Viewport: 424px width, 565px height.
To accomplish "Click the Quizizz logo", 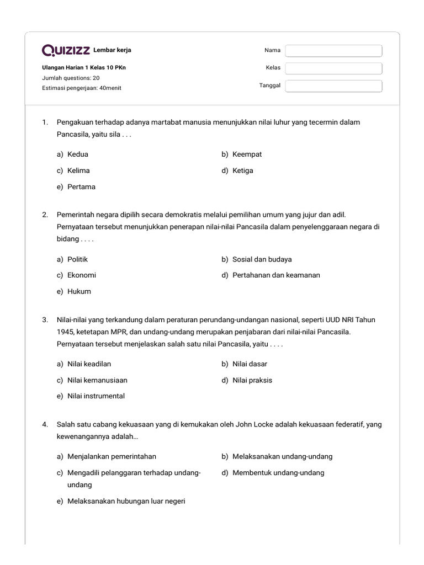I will (66, 51).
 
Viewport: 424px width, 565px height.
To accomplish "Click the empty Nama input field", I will (333, 51).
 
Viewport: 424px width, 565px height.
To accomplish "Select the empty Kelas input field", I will (333, 68).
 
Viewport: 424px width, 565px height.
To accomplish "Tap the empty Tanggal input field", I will (333, 86).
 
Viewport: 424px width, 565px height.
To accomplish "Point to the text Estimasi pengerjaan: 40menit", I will (82, 88).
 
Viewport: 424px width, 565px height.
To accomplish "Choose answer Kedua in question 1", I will (77, 154).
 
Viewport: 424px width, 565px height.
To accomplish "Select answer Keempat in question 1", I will (247, 154).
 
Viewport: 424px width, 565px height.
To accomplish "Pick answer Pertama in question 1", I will (81, 187).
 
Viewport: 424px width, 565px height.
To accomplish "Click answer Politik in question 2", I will (77, 259).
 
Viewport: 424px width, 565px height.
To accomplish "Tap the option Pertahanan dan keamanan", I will (276, 275).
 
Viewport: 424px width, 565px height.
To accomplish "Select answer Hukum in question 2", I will (79, 291).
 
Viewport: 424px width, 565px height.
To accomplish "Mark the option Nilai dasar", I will (252, 364).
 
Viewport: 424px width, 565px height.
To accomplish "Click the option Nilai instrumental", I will (96, 396).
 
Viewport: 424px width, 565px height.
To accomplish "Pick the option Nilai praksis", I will (252, 380).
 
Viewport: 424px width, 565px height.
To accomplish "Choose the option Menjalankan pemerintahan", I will (112, 457).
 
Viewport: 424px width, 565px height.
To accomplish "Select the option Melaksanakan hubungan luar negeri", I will (126, 502).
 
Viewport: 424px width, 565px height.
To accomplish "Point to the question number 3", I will (44, 320).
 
